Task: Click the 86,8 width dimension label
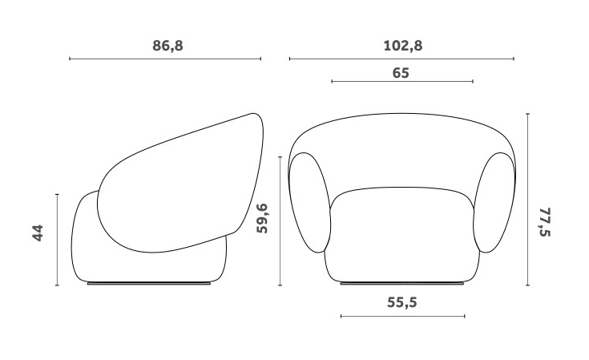[x=167, y=46]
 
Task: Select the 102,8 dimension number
[x=402, y=46]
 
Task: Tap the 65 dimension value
[x=401, y=72]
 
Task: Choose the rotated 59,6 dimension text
[x=262, y=218]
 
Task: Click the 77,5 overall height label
[x=547, y=222]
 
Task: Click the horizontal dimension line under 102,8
[x=401, y=59]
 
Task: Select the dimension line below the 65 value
[x=401, y=82]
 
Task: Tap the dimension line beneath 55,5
[x=402, y=316]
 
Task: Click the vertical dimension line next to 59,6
[x=280, y=220]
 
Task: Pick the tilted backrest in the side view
[x=180, y=184]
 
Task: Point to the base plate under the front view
[x=402, y=283]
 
